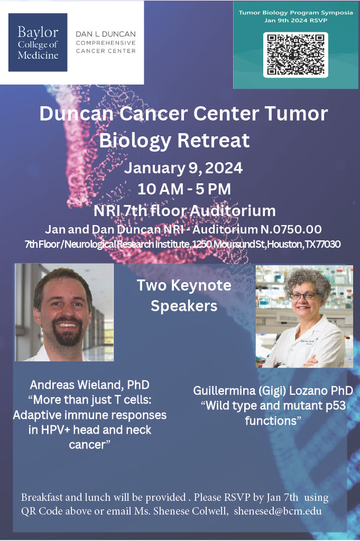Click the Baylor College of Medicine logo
click(x=38, y=42)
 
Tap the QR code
click(x=296, y=54)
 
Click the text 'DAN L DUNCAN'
click(x=106, y=34)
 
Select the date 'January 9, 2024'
click(x=183, y=168)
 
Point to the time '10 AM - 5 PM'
click(x=184, y=189)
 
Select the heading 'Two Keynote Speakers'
click(x=184, y=295)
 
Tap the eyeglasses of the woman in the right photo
click(x=303, y=296)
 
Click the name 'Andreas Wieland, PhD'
click(x=90, y=385)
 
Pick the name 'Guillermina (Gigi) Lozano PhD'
click(x=273, y=390)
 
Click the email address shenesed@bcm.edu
click(x=278, y=511)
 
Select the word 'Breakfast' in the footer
click(x=42, y=497)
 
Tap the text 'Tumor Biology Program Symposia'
click(x=296, y=13)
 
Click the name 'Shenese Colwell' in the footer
click(x=191, y=511)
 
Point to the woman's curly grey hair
click(x=307, y=280)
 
